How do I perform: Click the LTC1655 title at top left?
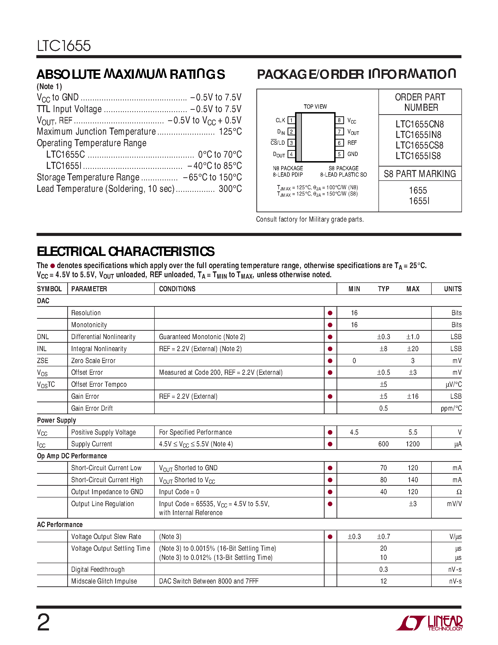pyautogui.click(x=64, y=46)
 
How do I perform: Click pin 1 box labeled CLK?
pyautogui.click(x=291, y=120)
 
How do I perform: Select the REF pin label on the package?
pyautogui.click(x=352, y=143)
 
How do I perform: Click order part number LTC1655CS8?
pyautogui.click(x=419, y=145)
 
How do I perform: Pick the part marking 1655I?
pyautogui.click(x=419, y=201)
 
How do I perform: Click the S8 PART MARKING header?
pyautogui.click(x=420, y=174)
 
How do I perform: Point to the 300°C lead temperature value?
pyautogui.click(x=230, y=189)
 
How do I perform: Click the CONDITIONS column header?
pyautogui.click(x=177, y=289)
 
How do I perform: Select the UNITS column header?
pyautogui.click(x=453, y=289)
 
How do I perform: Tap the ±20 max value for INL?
pyautogui.click(x=412, y=349)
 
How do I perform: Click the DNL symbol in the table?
pyautogui.click(x=43, y=337)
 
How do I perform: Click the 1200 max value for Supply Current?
pyautogui.click(x=412, y=444)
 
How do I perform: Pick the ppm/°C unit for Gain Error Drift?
pyautogui.click(x=451, y=408)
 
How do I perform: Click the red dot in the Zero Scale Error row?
pyautogui.click(x=330, y=360)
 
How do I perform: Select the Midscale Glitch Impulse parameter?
pyautogui.click(x=104, y=581)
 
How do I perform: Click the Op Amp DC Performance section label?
pyautogui.click(x=72, y=456)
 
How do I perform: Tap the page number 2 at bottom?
pyautogui.click(x=44, y=622)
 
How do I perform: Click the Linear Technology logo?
pyautogui.click(x=429, y=623)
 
